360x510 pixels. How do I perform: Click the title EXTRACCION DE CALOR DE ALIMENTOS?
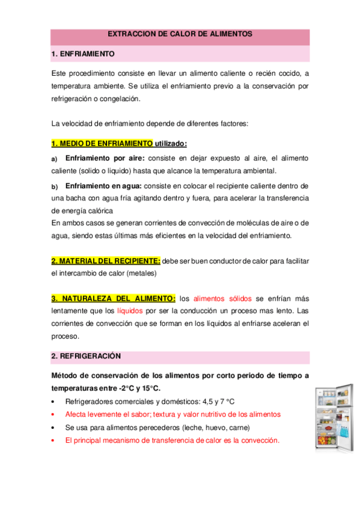(180, 35)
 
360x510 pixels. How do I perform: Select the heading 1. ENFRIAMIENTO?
(83, 54)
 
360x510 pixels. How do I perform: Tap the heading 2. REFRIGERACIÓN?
(86, 356)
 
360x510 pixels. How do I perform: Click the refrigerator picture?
(332, 418)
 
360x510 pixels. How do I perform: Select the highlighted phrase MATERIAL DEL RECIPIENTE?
(106, 261)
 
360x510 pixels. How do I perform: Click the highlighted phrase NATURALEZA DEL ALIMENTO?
(114, 298)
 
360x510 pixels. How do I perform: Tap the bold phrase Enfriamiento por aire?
(105, 158)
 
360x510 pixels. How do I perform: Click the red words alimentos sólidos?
(223, 298)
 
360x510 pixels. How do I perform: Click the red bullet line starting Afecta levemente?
(172, 414)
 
